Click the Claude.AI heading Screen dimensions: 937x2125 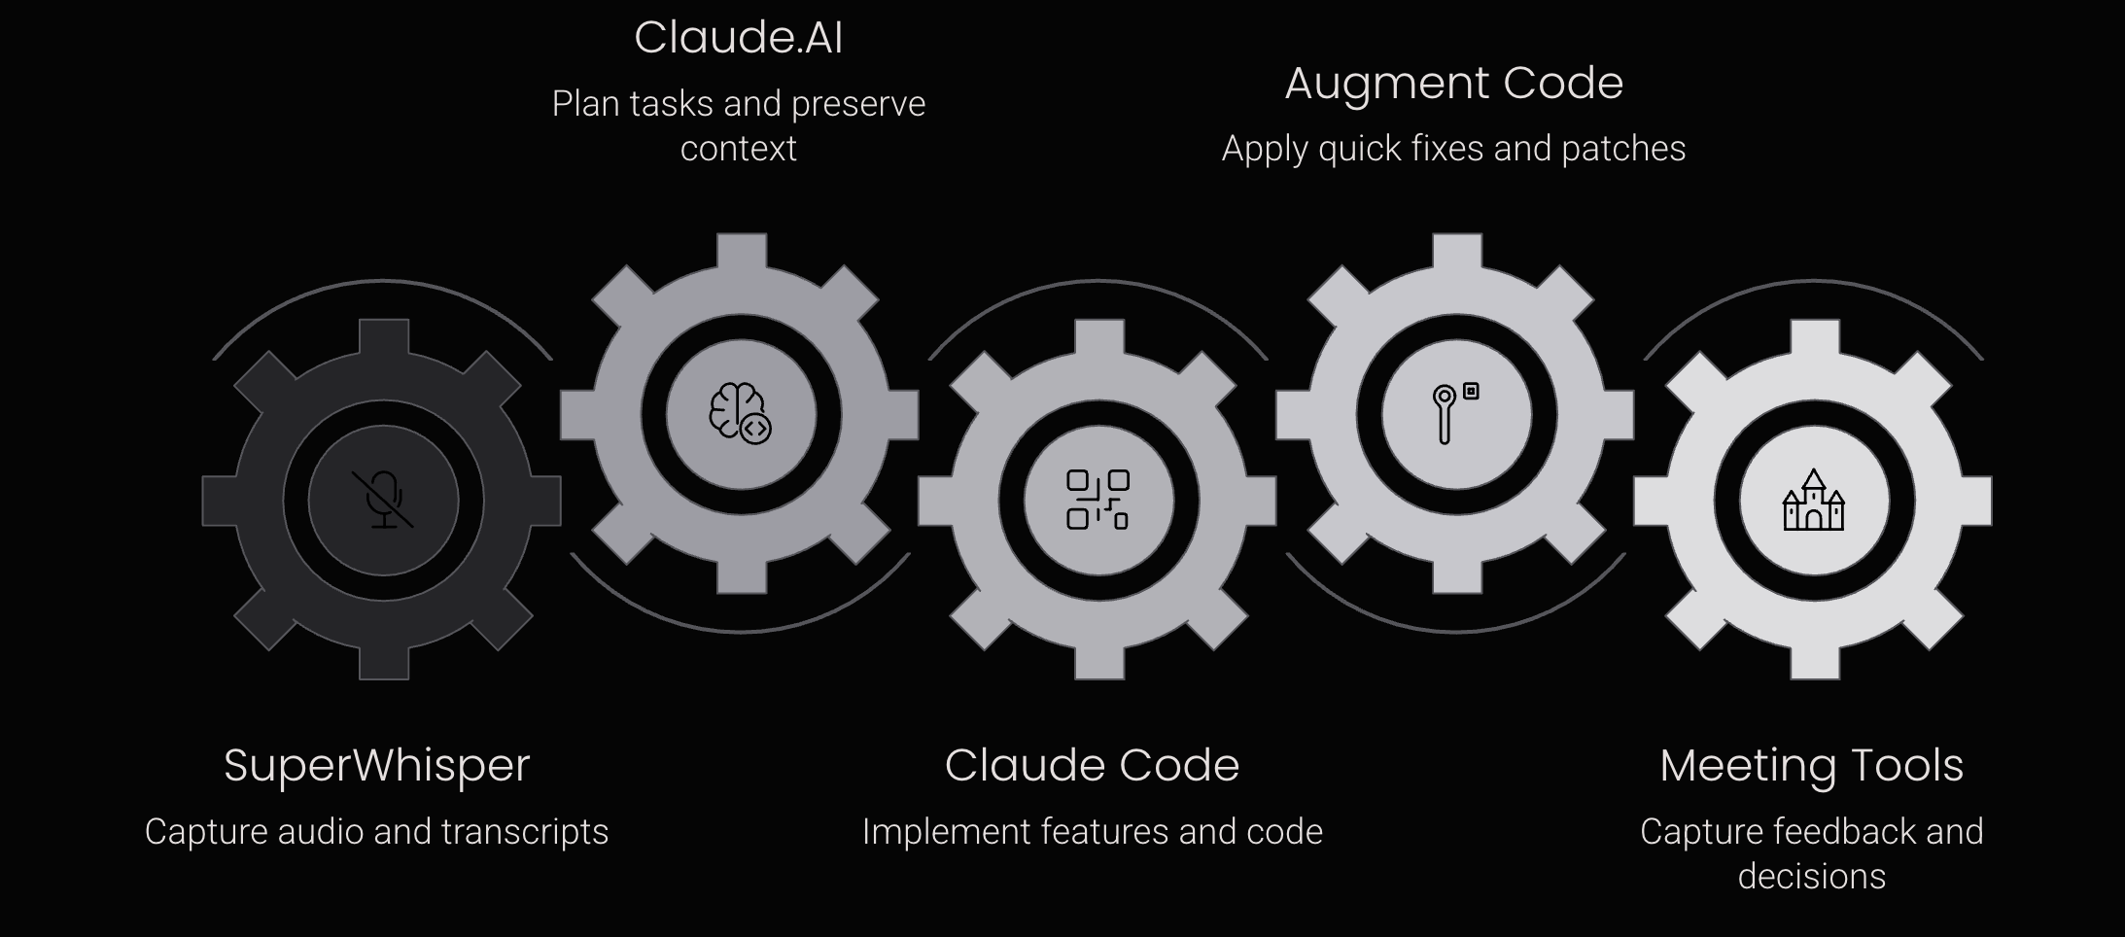738,38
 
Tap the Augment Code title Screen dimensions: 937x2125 1453,84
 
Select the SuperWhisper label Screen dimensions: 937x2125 376,765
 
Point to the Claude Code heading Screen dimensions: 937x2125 1092,765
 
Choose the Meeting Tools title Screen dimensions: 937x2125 1811,765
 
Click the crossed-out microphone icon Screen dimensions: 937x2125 383,501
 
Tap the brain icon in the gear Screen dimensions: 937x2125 740,413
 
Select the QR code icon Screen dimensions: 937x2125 1097,500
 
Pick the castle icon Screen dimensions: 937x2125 1813,501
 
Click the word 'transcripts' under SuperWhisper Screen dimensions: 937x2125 525,832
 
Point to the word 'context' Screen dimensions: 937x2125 738,149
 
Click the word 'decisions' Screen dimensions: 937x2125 1811,877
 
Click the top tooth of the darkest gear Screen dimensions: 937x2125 383,336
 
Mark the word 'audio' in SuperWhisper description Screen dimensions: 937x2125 320,832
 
